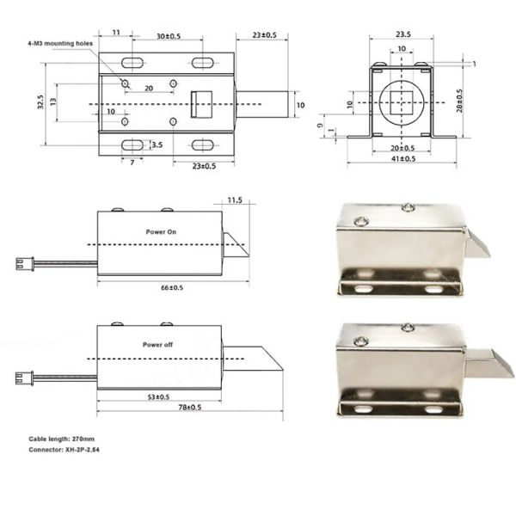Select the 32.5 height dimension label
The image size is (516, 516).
pyautogui.click(x=41, y=102)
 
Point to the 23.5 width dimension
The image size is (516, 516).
pyautogui.click(x=402, y=35)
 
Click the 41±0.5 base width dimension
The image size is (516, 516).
pyautogui.click(x=402, y=159)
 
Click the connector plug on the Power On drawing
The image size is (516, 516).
pyautogui.click(x=22, y=264)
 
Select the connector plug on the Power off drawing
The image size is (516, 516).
pyautogui.click(x=22, y=376)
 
